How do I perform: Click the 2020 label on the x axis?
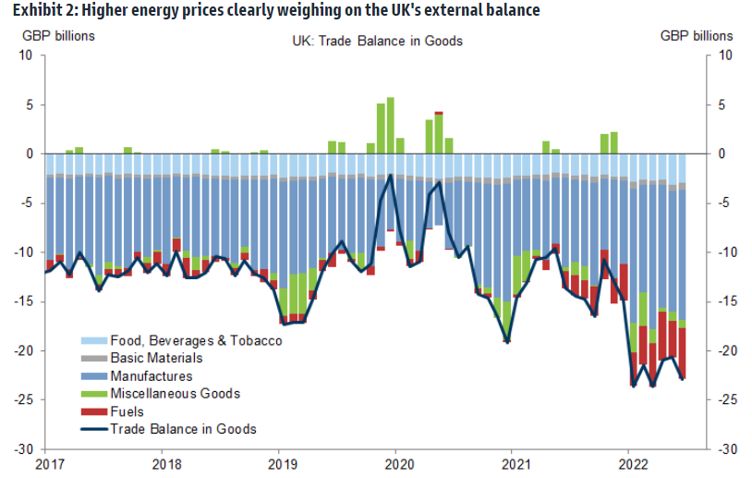point(396,462)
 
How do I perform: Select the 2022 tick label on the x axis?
point(629,462)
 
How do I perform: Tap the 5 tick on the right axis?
point(724,104)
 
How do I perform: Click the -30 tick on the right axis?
point(729,448)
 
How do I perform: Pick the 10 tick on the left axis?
point(25,55)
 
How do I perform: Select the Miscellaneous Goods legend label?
point(175,394)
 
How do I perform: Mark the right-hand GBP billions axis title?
point(697,36)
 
